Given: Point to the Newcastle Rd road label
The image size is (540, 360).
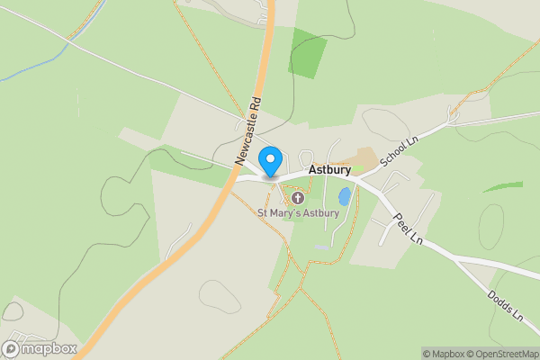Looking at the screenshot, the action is click(247, 130).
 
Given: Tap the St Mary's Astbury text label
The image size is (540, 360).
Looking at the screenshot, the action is click(298, 213).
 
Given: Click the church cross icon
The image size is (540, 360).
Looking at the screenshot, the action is click(298, 197).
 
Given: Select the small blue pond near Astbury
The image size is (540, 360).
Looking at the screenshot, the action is click(344, 196).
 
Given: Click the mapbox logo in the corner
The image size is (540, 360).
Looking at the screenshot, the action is click(40, 348).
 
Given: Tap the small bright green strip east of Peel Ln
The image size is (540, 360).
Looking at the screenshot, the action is click(502, 186).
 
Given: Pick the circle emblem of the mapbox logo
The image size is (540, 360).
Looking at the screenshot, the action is click(11, 348).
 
